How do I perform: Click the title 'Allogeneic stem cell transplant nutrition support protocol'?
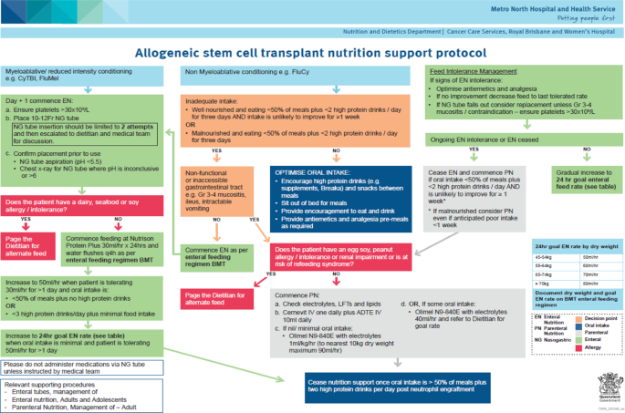pos(311,53)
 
